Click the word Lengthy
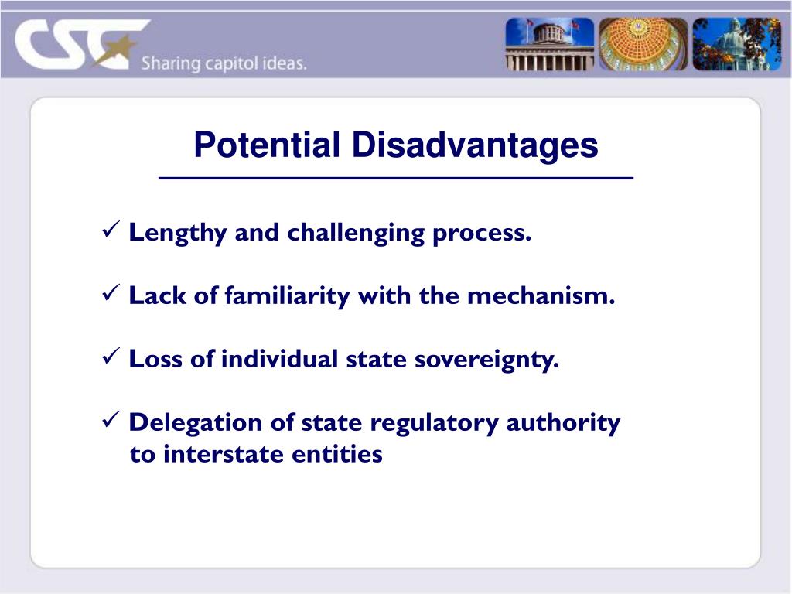point(178,233)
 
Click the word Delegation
point(196,423)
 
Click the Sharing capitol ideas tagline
point(224,63)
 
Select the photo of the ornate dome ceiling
point(642,44)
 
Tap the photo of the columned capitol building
point(550,44)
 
